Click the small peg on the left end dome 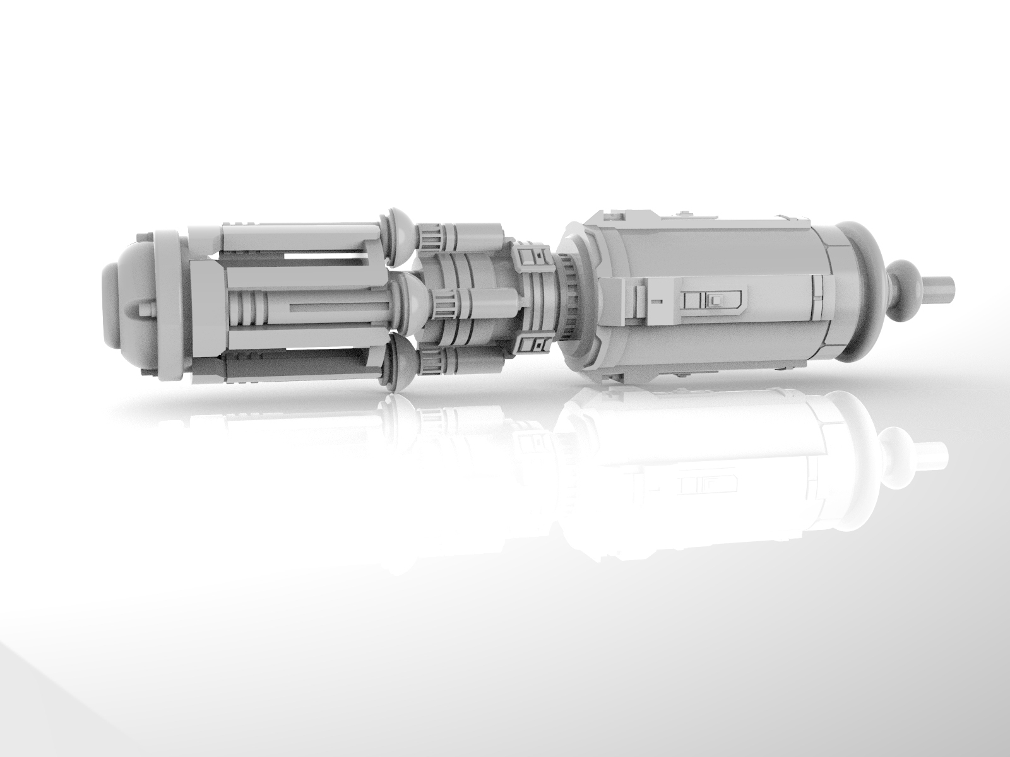[x=149, y=309]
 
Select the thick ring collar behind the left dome [x=170, y=303]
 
